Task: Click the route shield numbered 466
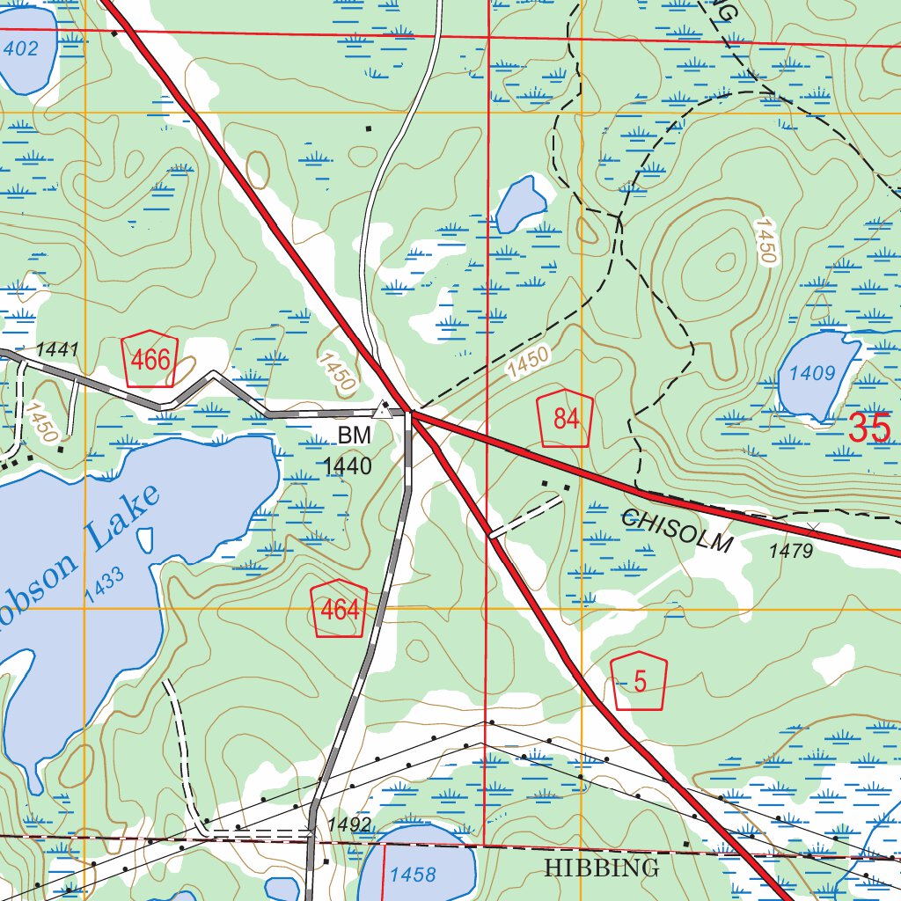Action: pyautogui.click(x=150, y=360)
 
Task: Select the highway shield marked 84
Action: pyautogui.click(x=566, y=418)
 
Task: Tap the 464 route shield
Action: pyautogui.click(x=339, y=610)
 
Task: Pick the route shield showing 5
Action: pyautogui.click(x=639, y=682)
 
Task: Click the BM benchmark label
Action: pyautogui.click(x=355, y=435)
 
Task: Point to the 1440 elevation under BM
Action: pyautogui.click(x=348, y=466)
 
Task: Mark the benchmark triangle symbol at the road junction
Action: pyautogui.click(x=382, y=409)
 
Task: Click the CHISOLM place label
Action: pyautogui.click(x=676, y=530)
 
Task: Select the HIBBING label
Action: pyautogui.click(x=601, y=868)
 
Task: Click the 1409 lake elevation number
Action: pyautogui.click(x=811, y=373)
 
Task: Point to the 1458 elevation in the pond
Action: pyautogui.click(x=413, y=875)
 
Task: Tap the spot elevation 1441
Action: pyautogui.click(x=57, y=350)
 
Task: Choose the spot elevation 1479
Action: pyautogui.click(x=791, y=551)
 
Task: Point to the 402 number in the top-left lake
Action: pyautogui.click(x=20, y=48)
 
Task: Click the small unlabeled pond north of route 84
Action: pyautogui.click(x=518, y=204)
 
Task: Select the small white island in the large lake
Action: pyautogui.click(x=145, y=539)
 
